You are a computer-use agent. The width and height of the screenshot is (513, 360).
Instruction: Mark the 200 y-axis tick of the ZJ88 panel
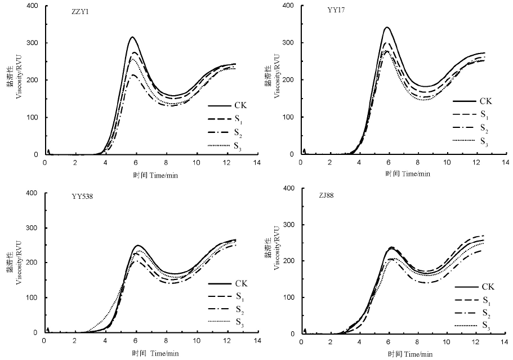tap(289, 261)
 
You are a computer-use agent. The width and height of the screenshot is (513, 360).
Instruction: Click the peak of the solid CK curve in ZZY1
tap(132, 37)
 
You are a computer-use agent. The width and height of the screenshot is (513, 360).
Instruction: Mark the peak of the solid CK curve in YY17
tap(387, 27)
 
